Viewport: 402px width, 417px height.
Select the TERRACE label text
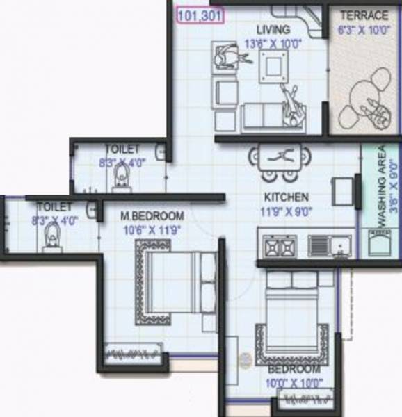pyautogui.click(x=364, y=15)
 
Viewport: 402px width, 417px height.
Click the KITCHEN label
pyautogui.click(x=287, y=197)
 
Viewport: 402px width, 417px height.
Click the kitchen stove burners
pyautogui.click(x=278, y=245)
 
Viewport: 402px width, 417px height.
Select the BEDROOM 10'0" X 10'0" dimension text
pyautogui.click(x=295, y=383)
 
